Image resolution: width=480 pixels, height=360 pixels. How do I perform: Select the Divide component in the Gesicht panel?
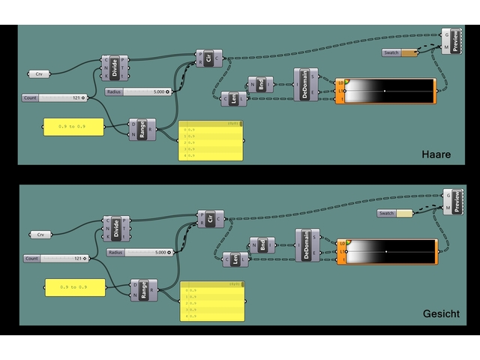(116, 228)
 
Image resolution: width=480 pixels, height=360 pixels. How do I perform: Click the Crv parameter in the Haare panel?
(39, 74)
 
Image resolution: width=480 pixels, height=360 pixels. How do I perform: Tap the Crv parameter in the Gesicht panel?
(40, 235)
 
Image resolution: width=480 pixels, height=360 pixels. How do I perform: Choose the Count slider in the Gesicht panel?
(56, 258)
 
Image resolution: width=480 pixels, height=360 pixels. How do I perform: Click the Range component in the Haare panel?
(142, 130)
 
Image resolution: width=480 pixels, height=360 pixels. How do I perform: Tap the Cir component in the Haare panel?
(208, 58)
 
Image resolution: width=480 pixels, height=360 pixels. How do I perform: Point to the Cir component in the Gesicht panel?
(209, 218)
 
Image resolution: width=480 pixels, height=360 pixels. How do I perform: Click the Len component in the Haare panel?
(234, 98)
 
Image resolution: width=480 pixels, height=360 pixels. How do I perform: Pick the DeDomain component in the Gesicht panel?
(307, 245)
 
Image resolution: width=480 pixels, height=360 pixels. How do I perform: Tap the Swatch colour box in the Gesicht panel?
(404, 214)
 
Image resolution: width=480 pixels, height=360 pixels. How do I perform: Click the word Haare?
(436, 154)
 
